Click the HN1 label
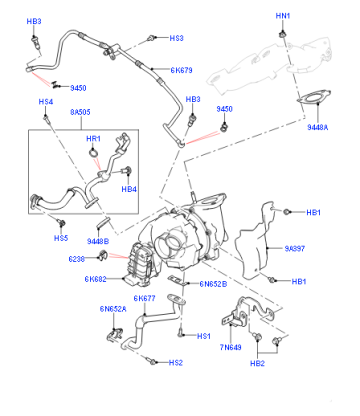(283, 16)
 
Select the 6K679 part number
(181, 70)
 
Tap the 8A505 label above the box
(80, 112)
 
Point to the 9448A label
(318, 127)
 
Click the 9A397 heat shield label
(295, 249)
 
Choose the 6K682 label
(95, 279)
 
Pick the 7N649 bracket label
(230, 347)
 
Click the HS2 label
(176, 363)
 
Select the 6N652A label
(113, 309)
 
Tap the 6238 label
(76, 259)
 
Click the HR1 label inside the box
(93, 138)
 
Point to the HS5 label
(61, 238)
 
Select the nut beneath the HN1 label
(283, 34)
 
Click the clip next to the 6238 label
(102, 256)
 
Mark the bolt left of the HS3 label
(152, 38)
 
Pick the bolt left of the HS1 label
(180, 333)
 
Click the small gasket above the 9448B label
(103, 222)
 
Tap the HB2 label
(257, 363)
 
